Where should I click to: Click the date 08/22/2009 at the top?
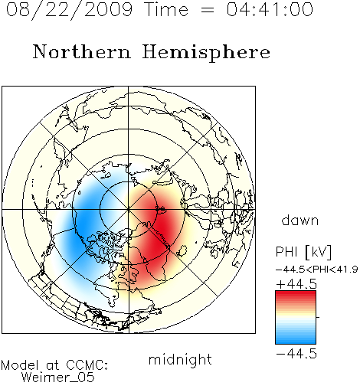[69, 10]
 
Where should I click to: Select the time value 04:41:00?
[270, 9]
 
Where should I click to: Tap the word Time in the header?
[166, 9]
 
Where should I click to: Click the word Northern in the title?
[82, 51]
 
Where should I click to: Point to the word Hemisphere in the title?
[206, 53]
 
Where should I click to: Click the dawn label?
[300, 221]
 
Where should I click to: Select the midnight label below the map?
[180, 359]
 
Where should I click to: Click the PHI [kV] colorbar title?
[303, 252]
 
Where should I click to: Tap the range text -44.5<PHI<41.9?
[317, 270]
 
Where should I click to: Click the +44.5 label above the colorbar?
[296, 284]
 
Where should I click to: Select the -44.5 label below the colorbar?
[296, 354]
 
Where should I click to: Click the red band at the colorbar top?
[296, 294]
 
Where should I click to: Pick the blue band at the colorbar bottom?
[296, 341]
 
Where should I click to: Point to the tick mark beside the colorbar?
[318, 317]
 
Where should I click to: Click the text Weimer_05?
[58, 378]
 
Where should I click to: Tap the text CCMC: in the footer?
[87, 365]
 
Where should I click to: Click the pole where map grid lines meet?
[129, 209]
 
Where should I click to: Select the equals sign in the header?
[208, 10]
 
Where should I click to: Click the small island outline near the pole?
[162, 210]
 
